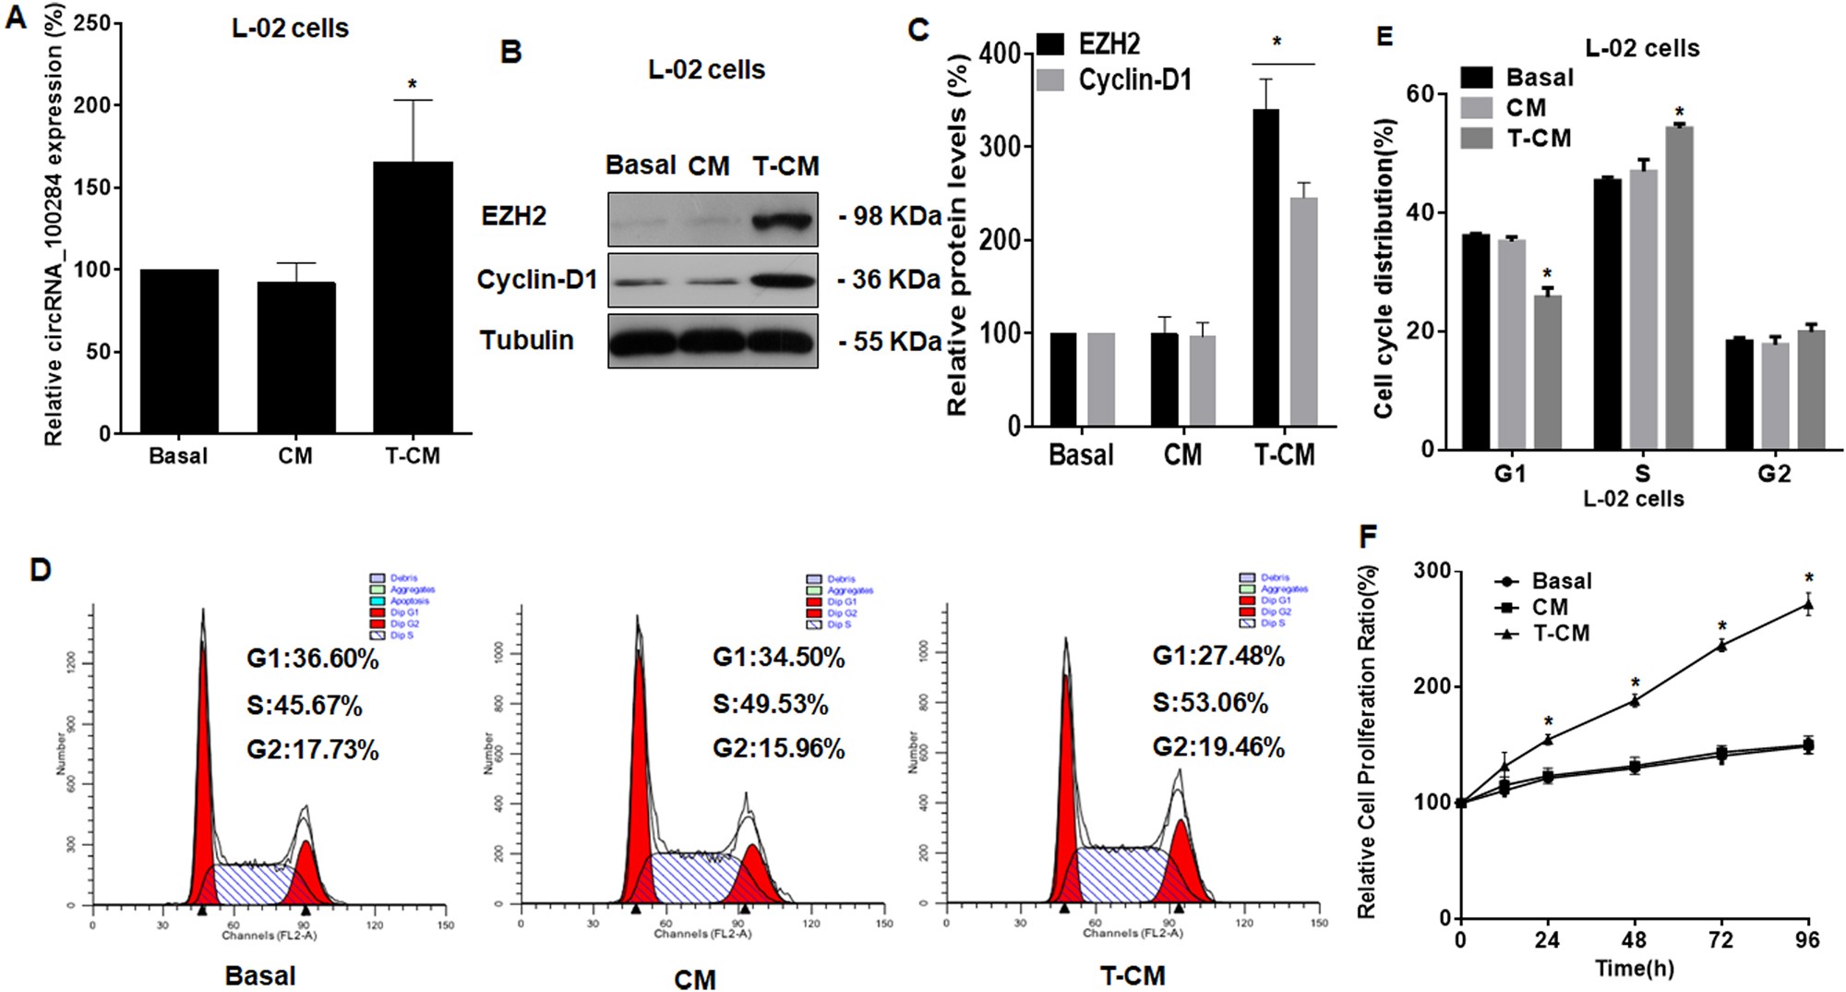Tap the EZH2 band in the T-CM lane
click(x=784, y=220)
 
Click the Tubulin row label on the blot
click(x=526, y=340)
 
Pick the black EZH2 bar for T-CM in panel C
click(x=1265, y=268)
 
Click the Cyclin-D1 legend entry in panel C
click(x=1134, y=80)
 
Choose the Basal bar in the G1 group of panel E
click(x=1475, y=342)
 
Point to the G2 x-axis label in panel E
click(x=1773, y=474)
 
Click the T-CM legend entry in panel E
click(x=1538, y=139)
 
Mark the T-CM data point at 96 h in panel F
click(x=1808, y=606)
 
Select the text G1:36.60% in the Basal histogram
click(x=312, y=659)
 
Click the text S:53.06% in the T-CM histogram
click(x=1210, y=703)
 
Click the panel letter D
click(x=40, y=569)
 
